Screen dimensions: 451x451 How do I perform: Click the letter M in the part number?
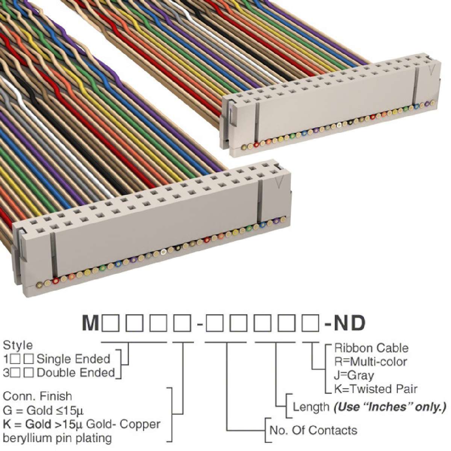tap(90, 323)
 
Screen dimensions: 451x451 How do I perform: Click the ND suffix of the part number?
tap(349, 323)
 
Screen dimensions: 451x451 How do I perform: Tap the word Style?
tap(18, 345)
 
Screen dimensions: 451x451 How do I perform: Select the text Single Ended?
tap(73, 359)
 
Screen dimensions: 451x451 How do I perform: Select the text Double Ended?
tap(76, 372)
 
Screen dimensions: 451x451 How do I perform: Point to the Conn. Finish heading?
tap(38, 396)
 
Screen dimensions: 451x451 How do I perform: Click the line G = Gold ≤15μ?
tap(44, 410)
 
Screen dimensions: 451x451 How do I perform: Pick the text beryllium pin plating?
tap(57, 438)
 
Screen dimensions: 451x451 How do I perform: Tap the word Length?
tap(311, 407)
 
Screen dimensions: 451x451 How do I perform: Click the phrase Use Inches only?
tap(390, 407)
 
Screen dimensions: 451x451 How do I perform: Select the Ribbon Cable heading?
tap(371, 348)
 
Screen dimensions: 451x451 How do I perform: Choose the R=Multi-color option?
tap(371, 362)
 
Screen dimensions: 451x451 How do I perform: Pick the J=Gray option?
tap(354, 375)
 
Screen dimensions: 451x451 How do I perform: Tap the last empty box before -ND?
tap(310, 324)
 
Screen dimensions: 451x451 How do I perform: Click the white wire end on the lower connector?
tap(164, 252)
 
